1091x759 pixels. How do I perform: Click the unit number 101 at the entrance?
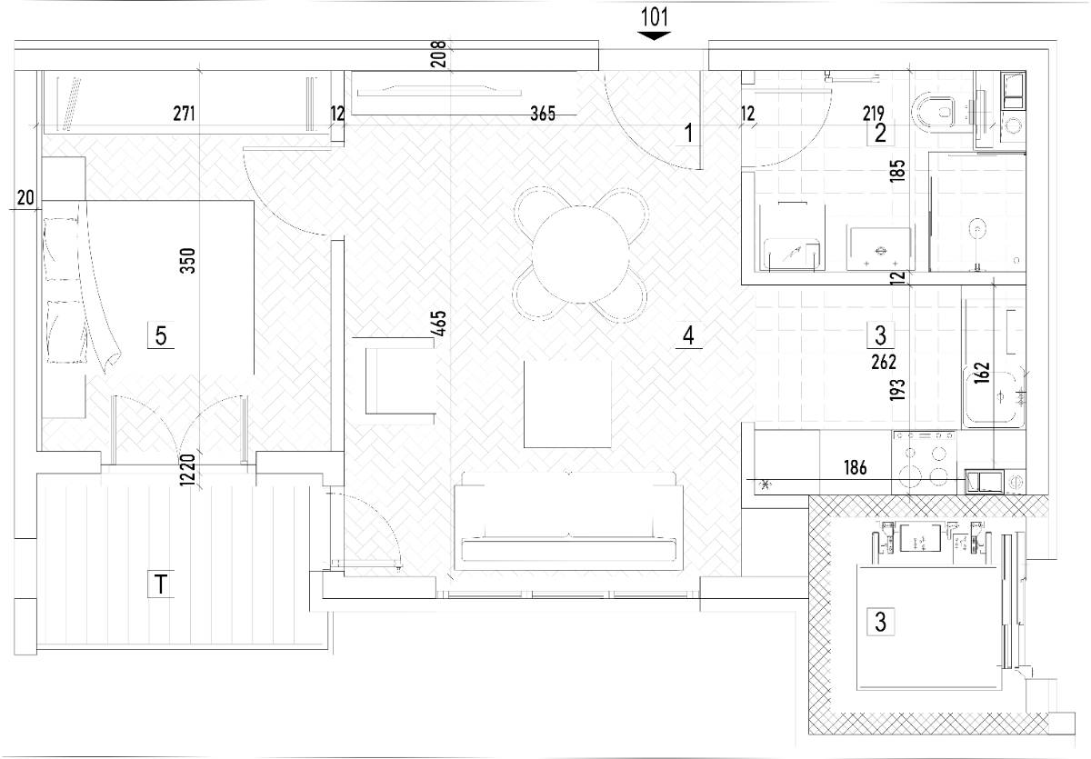coord(654,17)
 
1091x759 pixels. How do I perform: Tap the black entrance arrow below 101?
coord(654,35)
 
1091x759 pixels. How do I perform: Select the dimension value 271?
coord(184,114)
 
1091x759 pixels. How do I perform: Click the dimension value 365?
coord(543,114)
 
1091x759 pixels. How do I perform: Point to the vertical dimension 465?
coord(439,324)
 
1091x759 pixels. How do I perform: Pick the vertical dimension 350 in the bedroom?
coord(187,261)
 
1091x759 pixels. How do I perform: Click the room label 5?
coord(161,336)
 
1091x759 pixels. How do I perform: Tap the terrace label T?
coord(161,584)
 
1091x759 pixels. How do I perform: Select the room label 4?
coord(688,335)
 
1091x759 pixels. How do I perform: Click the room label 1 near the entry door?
coord(689,133)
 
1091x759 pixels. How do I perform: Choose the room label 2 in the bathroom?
coord(880,134)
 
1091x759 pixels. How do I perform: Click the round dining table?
coord(580,255)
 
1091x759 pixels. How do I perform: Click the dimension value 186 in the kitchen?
coord(856,468)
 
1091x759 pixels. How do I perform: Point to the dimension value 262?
coord(884,362)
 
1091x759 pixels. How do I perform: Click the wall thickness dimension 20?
coord(25,197)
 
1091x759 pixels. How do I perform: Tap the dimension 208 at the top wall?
coord(439,54)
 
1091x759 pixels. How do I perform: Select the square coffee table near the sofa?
coord(567,404)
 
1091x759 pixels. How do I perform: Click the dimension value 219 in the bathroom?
coord(874,114)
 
